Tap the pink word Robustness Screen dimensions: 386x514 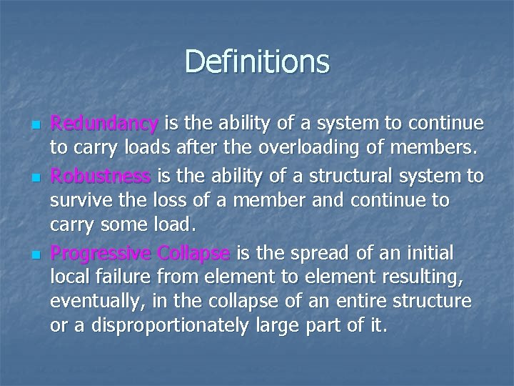[100, 176]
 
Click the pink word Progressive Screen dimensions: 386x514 [102, 253]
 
